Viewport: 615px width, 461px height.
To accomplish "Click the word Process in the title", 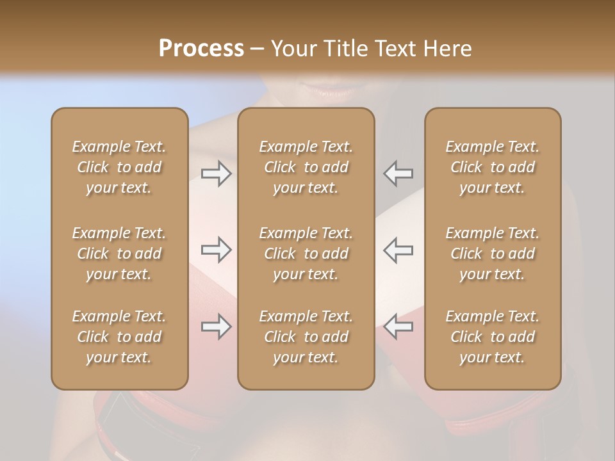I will tap(201, 49).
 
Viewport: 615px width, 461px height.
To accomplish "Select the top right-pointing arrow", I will tap(217, 174).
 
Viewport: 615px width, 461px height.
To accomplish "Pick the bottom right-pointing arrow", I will tap(217, 327).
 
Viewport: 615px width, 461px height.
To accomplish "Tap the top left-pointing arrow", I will tap(398, 174).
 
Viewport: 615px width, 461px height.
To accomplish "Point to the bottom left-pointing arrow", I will tap(398, 327).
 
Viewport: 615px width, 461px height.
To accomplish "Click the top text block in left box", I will tap(119, 167).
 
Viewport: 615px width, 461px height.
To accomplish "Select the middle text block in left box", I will tap(119, 254).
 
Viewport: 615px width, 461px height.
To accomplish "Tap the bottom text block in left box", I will tap(119, 337).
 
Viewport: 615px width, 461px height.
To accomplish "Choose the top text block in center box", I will tap(306, 167).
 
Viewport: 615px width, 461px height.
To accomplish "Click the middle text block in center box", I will tap(306, 254).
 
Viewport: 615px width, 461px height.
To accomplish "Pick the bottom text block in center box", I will tap(306, 337).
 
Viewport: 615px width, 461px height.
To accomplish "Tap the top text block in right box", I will tap(492, 167).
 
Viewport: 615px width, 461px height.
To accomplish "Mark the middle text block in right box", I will tap(492, 254).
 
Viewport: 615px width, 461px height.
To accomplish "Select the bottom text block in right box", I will tap(492, 337).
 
